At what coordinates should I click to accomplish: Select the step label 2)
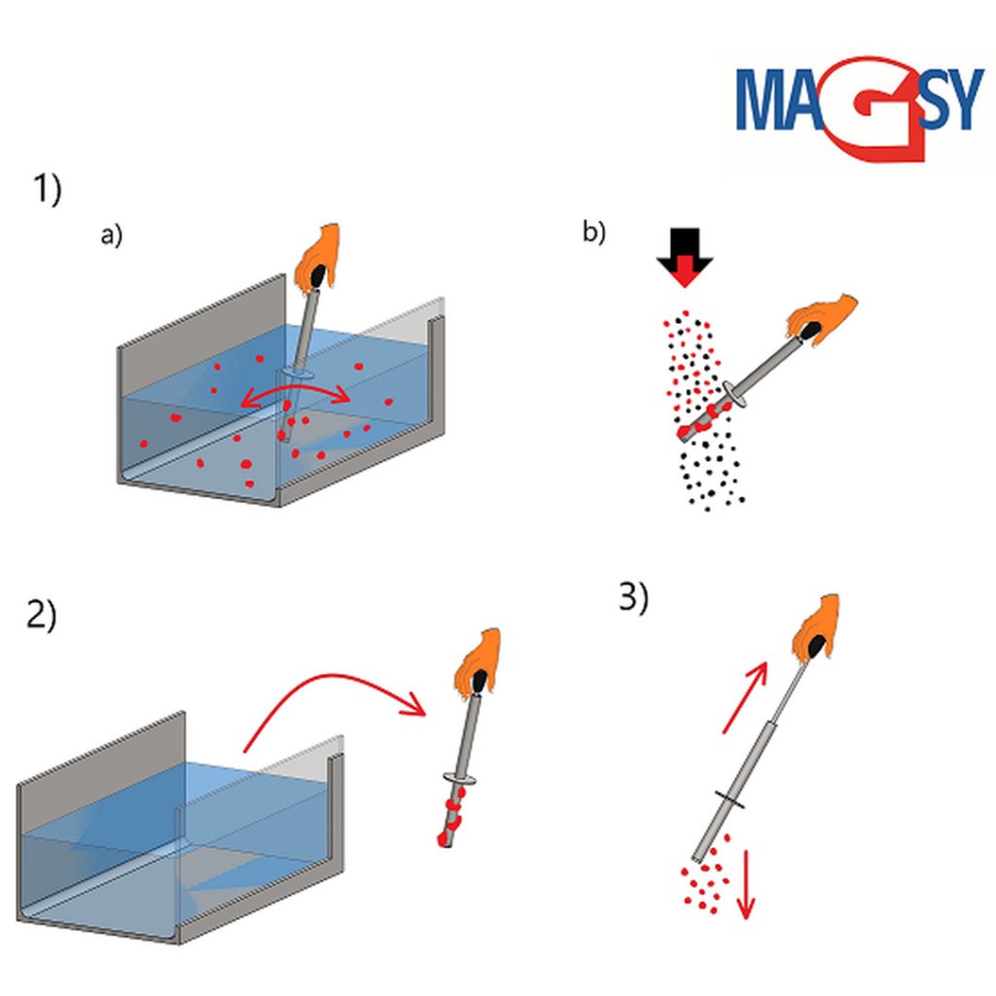click(41, 616)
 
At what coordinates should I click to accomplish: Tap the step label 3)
click(632, 597)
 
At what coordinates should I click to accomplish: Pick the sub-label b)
click(593, 232)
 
